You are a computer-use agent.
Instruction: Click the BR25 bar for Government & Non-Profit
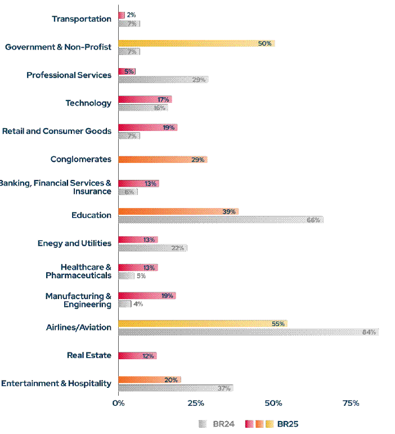[196, 43]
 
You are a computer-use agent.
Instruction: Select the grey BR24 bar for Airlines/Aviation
[248, 332]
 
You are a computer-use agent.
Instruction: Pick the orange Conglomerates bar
[163, 160]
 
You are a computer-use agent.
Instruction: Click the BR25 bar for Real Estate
[137, 356]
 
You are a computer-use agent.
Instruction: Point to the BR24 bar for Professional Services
[163, 80]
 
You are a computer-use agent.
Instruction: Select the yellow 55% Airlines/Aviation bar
[203, 324]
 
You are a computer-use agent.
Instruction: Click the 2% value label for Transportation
[131, 15]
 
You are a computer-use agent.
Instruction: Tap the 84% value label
[369, 332]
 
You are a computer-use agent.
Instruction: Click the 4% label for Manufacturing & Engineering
[138, 304]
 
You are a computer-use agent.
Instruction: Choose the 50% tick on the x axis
[273, 403]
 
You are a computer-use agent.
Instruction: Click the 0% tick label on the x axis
[118, 403]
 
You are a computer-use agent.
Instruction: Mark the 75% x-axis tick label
[351, 403]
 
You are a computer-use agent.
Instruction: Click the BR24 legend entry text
[224, 423]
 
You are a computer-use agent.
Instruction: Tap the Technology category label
[88, 103]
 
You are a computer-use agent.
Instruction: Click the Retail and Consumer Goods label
[57, 131]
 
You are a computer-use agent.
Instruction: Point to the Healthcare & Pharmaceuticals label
[78, 271]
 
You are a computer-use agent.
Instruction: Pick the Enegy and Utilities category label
[74, 243]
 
